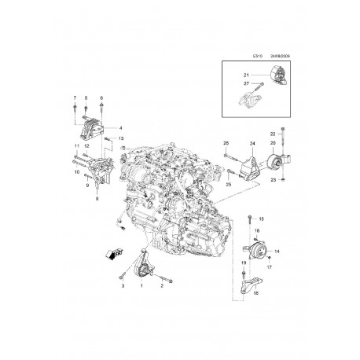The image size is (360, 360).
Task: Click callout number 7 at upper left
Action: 75,97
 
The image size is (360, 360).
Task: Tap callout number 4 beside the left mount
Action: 120,127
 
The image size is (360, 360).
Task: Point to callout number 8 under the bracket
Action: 97,201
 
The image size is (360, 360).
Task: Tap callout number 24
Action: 253,144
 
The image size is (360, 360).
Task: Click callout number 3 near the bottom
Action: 123,288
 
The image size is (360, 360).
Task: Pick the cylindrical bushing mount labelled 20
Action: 277,163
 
